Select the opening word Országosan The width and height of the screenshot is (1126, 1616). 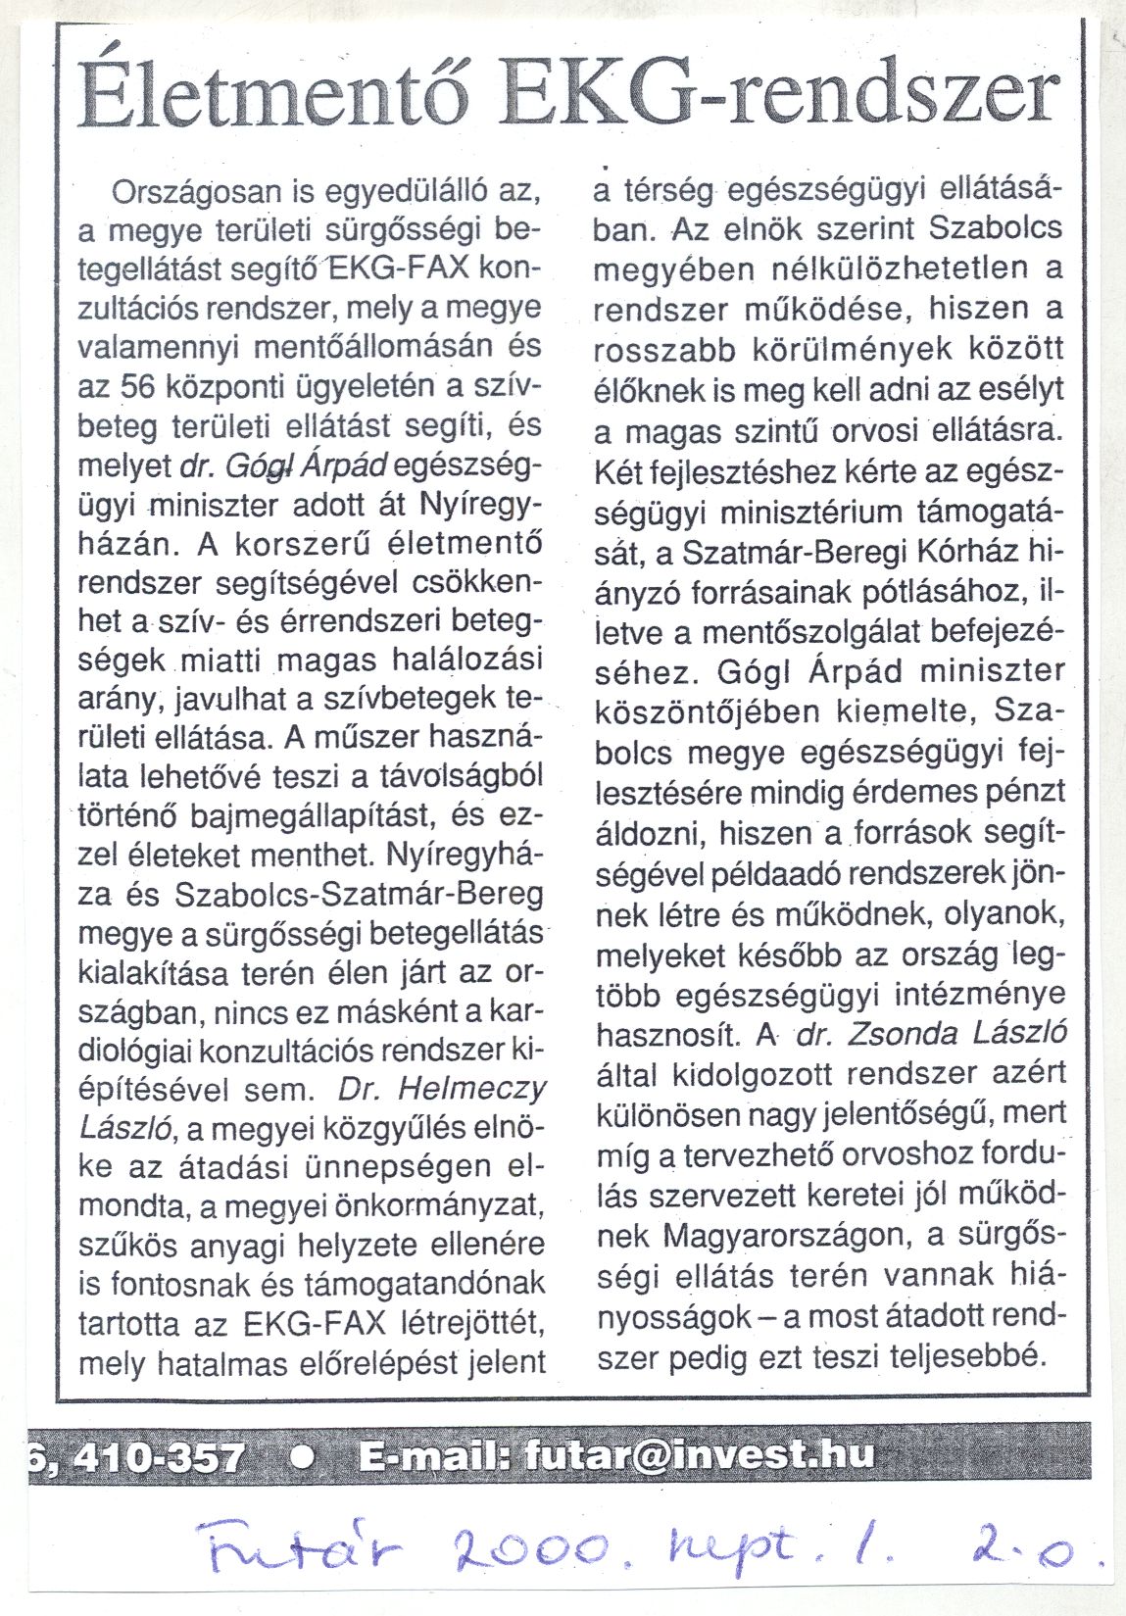[x=199, y=191]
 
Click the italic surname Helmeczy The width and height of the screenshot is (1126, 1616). [x=482, y=1088]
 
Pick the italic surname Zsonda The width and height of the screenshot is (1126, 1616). [x=891, y=1033]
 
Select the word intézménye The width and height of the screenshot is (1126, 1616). [x=980, y=994]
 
